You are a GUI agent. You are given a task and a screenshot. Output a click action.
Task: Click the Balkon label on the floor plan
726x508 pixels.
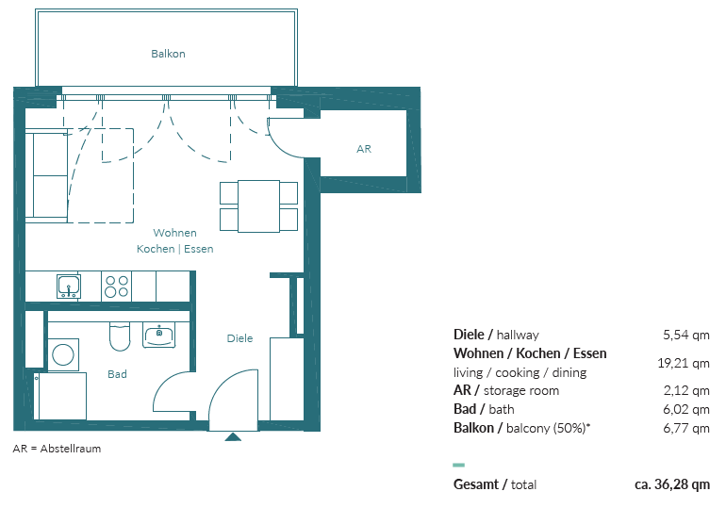[x=168, y=54]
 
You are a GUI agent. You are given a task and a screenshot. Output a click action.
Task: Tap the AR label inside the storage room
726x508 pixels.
[x=364, y=149]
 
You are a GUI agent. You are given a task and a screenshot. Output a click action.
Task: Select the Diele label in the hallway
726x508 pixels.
[x=239, y=338]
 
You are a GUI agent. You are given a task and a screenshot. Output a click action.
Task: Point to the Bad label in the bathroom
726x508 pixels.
[x=117, y=374]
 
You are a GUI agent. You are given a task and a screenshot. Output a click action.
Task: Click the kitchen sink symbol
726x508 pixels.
[x=69, y=287]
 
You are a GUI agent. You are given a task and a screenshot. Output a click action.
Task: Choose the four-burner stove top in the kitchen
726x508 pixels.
[x=116, y=287]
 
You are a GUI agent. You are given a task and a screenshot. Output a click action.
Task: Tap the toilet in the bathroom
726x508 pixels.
[x=120, y=336]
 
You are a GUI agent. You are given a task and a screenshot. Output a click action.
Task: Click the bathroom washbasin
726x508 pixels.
[x=158, y=335]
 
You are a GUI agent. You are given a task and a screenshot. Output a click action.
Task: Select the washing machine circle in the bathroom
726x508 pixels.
[x=63, y=355]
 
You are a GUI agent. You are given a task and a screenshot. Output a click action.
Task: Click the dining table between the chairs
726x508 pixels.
[x=259, y=205]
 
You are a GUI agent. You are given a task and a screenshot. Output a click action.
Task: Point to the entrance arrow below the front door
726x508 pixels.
[x=233, y=436]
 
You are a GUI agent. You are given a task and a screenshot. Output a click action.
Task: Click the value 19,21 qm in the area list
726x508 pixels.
[x=684, y=363]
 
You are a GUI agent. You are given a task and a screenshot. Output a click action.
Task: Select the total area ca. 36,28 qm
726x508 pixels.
[x=672, y=484]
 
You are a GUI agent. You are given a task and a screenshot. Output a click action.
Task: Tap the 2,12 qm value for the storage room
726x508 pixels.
[x=686, y=390]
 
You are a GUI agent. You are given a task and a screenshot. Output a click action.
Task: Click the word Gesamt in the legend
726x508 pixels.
[x=476, y=484]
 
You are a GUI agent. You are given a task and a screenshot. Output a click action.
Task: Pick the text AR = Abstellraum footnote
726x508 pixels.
[x=57, y=449]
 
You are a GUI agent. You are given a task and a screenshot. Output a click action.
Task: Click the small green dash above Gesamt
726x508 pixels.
[x=459, y=465]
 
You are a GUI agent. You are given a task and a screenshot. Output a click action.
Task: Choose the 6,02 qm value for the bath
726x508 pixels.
[x=686, y=409]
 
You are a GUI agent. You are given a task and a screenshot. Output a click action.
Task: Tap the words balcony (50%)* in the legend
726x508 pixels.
[x=549, y=429]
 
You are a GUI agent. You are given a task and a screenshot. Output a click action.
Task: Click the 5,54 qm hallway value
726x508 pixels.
[x=686, y=335]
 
